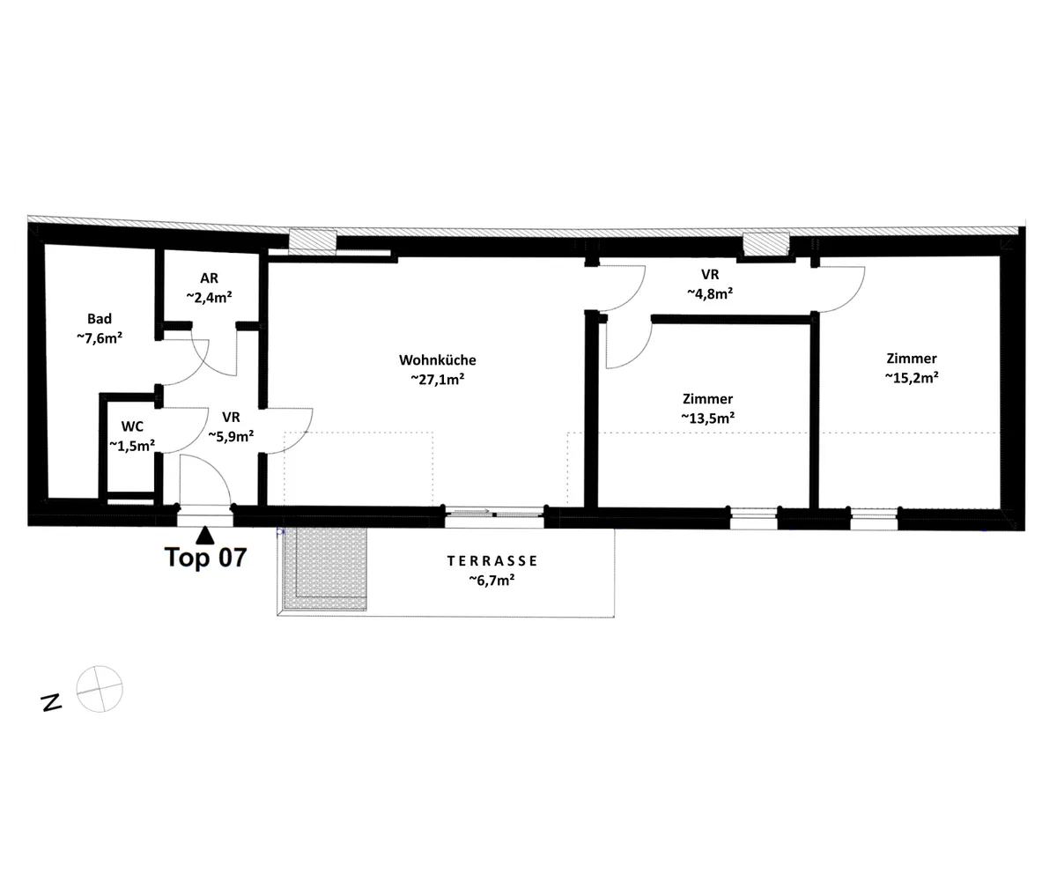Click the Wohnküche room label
pos(438,360)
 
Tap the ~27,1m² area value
pos(438,379)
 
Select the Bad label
pos(100,318)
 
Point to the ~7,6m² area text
pos(100,337)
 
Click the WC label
pos(132,426)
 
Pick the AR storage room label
pos(209,278)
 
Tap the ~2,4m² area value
pos(209,297)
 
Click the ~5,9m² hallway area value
pos(232,435)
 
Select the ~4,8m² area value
pos(710,293)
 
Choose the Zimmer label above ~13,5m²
pos(707,398)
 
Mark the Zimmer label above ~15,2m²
pos(912,359)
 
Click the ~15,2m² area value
pos(912,378)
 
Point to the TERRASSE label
pos(492,560)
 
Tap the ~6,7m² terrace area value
pos(492,580)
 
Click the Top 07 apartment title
pos(205,557)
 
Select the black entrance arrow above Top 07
pos(205,535)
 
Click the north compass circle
pos(100,689)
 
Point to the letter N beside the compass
pos(51,703)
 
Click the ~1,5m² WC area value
pos(132,446)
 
